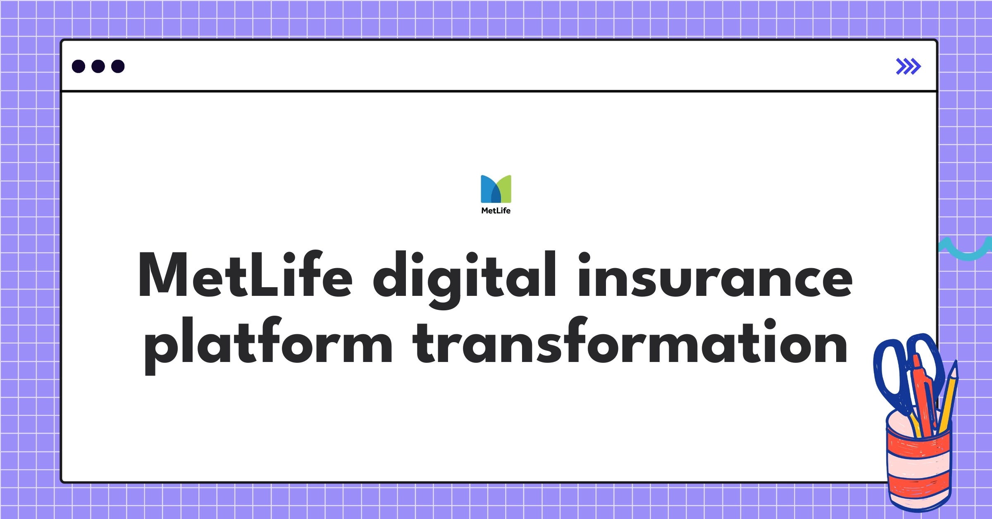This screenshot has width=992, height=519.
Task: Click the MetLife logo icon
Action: (496, 189)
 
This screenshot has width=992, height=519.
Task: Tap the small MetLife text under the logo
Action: (496, 211)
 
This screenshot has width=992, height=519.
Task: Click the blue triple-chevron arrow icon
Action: (908, 67)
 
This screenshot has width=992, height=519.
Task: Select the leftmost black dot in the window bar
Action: (79, 67)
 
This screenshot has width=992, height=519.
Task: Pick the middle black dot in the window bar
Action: (98, 67)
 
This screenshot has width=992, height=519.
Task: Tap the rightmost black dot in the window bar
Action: (118, 67)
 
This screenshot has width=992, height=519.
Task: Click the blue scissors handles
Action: (889, 372)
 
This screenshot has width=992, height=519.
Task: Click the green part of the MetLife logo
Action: (505, 188)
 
